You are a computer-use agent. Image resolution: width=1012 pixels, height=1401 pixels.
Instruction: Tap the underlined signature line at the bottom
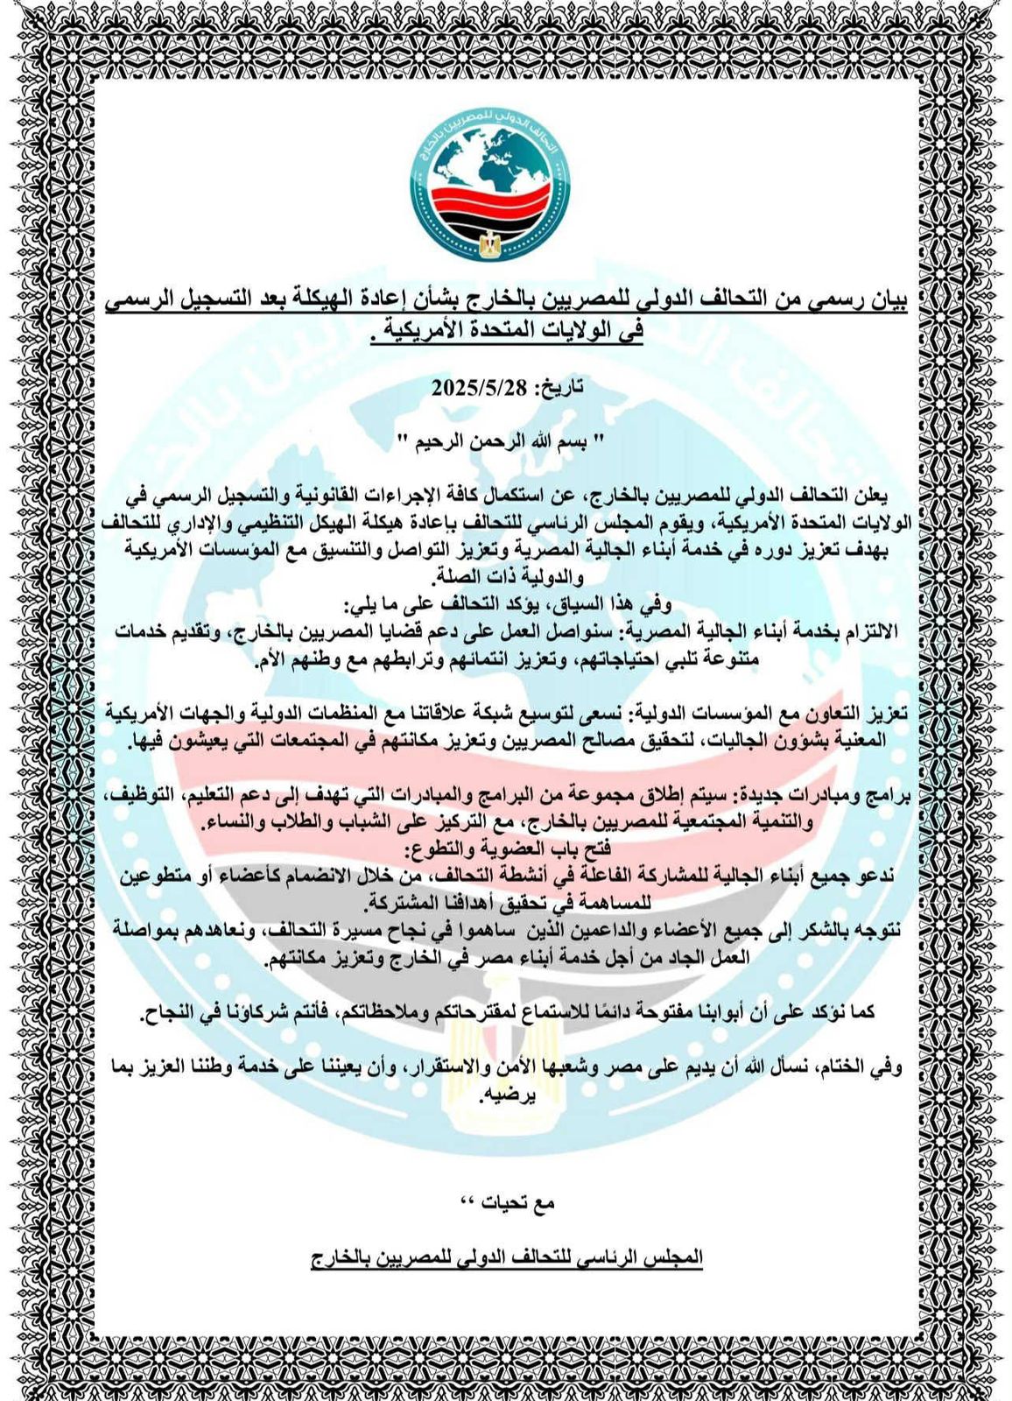[507, 1257]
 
